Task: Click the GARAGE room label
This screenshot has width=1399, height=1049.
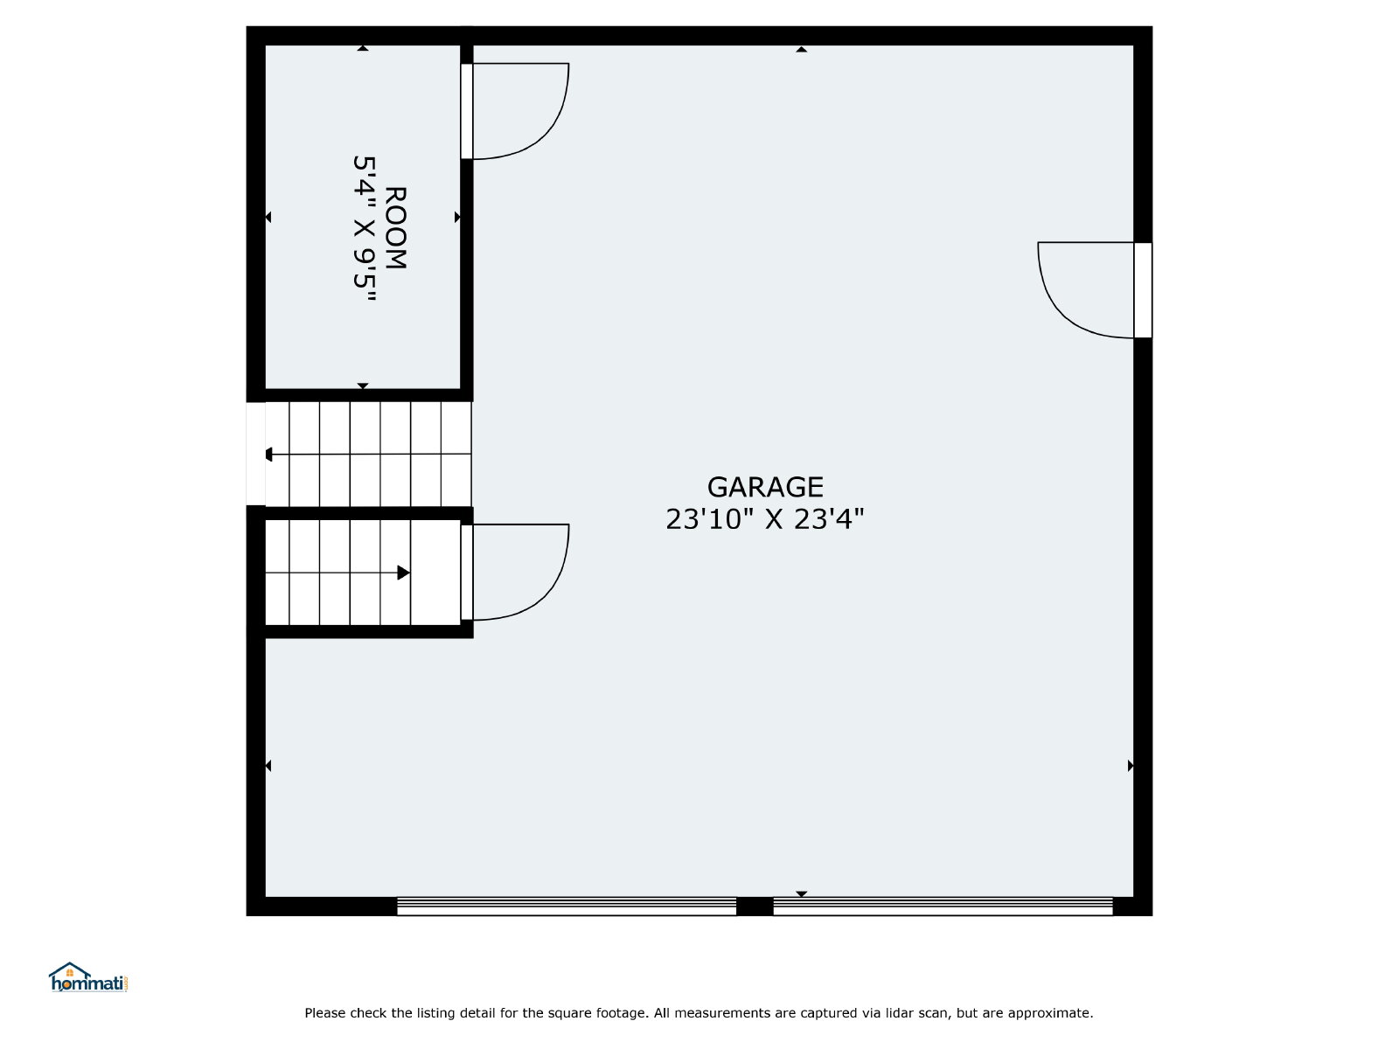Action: coord(765,487)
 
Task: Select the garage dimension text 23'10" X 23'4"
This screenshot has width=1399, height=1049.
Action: coord(765,519)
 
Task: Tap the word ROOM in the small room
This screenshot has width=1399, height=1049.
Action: coord(396,228)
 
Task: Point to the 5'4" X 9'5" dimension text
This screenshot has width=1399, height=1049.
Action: coord(365,228)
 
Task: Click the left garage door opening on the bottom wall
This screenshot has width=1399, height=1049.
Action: coord(566,907)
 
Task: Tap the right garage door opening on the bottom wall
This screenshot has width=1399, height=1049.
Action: coord(943,907)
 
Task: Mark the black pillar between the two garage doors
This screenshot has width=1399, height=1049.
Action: coord(755,907)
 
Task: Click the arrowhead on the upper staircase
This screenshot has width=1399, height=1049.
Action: coord(269,454)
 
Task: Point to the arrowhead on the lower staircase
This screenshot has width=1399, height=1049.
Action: coord(403,573)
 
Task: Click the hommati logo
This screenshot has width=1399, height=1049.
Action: coord(88,977)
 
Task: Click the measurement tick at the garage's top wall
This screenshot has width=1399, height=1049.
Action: coord(801,49)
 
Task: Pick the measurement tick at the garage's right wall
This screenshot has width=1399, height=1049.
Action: coord(1131,766)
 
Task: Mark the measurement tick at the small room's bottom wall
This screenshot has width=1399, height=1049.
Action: coord(363,386)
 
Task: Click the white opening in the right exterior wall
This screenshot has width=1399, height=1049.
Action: coord(1143,290)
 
